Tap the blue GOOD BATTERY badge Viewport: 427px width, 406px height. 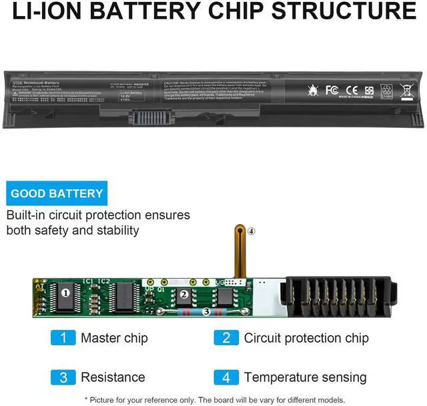[x=57, y=194]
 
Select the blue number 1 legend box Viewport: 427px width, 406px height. [x=63, y=338]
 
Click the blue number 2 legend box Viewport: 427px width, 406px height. [x=226, y=338]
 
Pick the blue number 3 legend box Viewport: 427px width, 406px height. [x=63, y=377]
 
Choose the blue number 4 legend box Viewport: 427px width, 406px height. [x=226, y=377]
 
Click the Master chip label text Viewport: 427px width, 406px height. [x=114, y=338]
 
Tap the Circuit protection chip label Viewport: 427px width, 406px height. [x=306, y=338]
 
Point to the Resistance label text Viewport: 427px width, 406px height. [x=113, y=377]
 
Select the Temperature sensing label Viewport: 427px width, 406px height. [x=305, y=377]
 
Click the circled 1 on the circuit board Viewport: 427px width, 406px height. [x=65, y=293]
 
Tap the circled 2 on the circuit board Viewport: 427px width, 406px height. [x=183, y=294]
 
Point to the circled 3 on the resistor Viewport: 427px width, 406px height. [x=206, y=311]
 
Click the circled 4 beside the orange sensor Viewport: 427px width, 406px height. [x=251, y=231]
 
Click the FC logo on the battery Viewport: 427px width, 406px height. [x=332, y=90]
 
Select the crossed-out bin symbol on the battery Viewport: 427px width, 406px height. [x=406, y=91]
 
